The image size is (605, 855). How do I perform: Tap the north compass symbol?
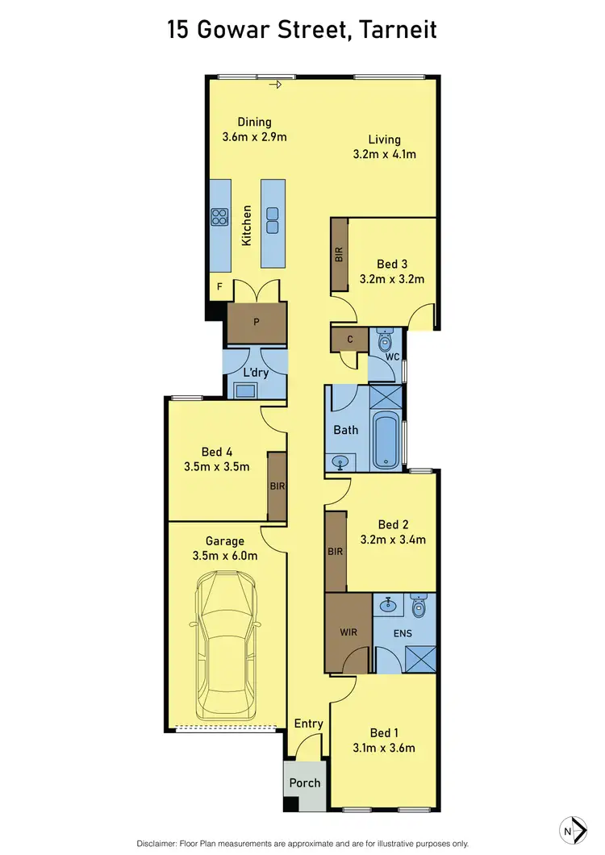(572, 829)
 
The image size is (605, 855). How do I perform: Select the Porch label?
(304, 782)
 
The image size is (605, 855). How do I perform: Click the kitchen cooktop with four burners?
(219, 215)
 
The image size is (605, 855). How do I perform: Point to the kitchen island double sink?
(273, 215)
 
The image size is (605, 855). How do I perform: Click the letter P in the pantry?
(256, 322)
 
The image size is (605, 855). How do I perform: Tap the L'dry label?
(255, 373)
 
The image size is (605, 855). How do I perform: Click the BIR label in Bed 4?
(277, 486)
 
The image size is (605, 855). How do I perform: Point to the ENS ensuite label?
(403, 633)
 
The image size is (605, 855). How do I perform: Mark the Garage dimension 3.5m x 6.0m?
(224, 555)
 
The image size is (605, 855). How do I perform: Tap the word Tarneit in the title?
(397, 31)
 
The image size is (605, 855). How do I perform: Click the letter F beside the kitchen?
(219, 286)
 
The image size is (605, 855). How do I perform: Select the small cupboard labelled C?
(350, 340)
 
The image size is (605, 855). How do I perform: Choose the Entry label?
(308, 724)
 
